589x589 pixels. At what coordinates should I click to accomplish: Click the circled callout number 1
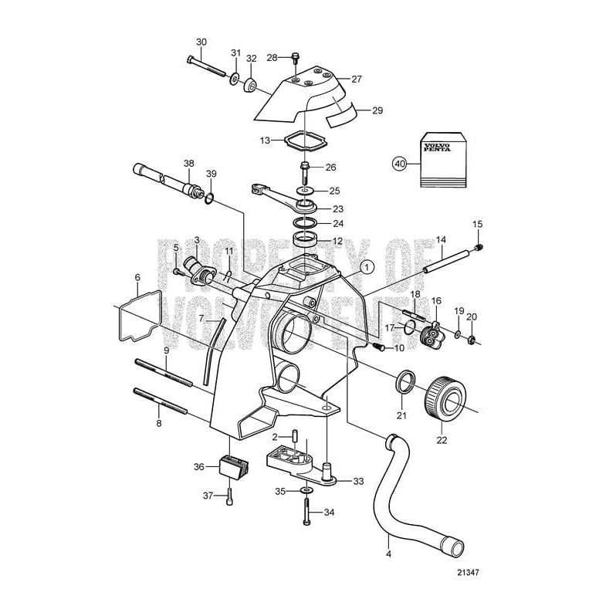pyautogui.click(x=366, y=266)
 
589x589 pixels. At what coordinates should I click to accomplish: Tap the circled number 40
pyautogui.click(x=399, y=164)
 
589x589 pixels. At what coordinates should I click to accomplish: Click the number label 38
pyautogui.click(x=188, y=164)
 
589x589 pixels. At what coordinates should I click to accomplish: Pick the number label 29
pyautogui.click(x=377, y=110)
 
